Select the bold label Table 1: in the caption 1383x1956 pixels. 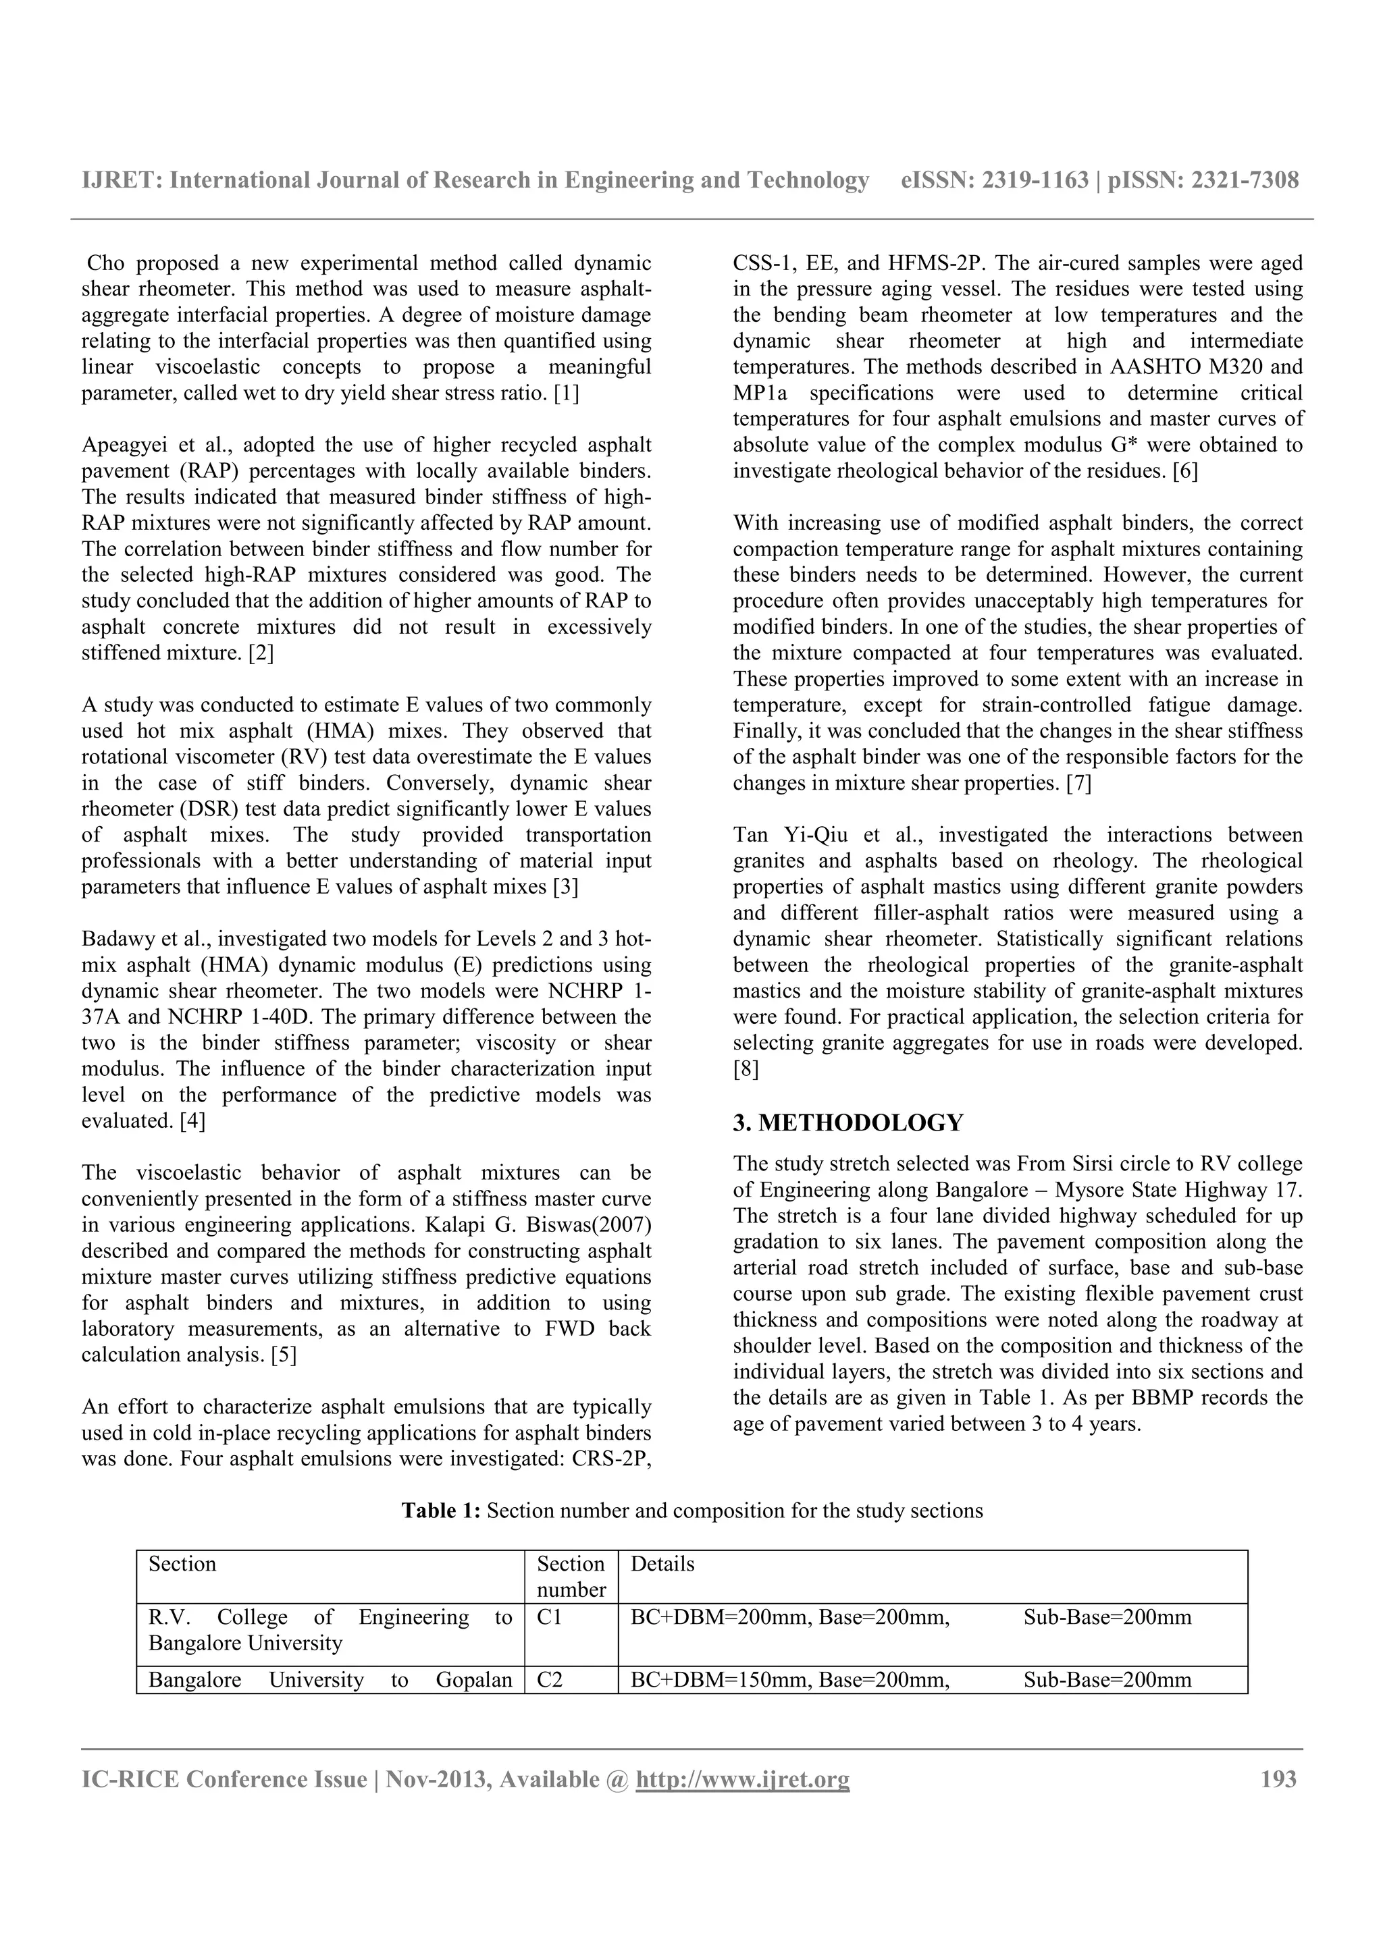[442, 1511]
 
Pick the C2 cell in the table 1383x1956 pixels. [550, 1680]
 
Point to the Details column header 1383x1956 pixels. [662, 1564]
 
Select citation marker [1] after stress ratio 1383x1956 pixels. [566, 393]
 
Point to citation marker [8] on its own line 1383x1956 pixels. [745, 1069]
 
